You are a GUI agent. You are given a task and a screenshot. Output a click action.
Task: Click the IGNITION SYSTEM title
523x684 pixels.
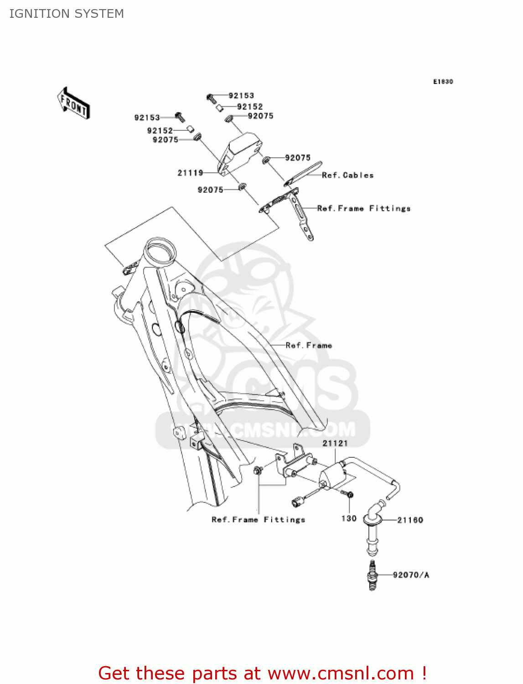pos(67,14)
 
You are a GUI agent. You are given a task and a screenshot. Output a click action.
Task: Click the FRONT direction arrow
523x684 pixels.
pos(73,104)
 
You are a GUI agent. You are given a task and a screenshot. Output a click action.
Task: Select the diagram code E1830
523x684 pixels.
pos(443,82)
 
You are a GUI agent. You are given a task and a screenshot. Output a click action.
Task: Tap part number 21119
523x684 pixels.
pos(190,173)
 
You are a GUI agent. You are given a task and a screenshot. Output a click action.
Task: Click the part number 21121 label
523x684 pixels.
pos(335,443)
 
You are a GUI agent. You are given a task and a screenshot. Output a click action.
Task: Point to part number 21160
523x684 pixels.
pos(410,520)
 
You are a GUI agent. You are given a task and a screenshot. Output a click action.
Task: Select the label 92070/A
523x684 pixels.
pos(411,575)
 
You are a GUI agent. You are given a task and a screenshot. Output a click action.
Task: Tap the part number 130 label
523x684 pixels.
pos(349,518)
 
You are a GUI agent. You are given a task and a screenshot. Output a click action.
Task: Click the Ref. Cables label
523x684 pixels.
pos(347,175)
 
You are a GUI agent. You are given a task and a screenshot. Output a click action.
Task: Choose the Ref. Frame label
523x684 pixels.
pos(309,346)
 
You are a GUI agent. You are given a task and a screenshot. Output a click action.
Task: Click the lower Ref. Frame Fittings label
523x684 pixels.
pos(258,519)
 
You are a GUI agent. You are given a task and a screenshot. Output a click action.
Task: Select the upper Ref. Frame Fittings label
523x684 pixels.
pos(363,208)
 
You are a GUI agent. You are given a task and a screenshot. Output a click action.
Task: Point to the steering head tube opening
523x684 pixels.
pos(159,252)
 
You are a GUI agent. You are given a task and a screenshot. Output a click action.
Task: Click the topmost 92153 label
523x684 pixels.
pos(241,96)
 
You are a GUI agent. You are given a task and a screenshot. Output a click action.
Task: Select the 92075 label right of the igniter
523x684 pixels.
pos(297,158)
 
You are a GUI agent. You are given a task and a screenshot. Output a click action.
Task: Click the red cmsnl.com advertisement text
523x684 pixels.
pos(262,673)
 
